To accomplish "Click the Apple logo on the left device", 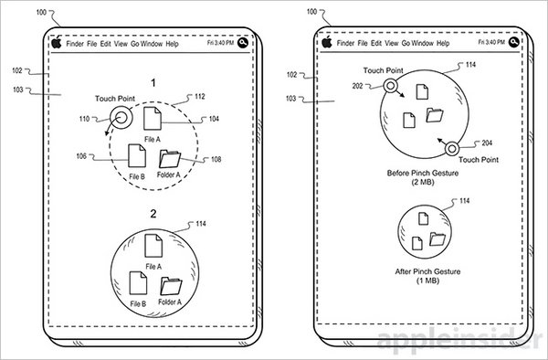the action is (57, 43).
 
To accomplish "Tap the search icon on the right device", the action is (513, 42).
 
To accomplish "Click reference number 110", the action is (84, 119).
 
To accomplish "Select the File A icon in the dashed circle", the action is (153, 118).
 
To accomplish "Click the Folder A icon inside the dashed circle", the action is (170, 159).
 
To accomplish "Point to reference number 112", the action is (199, 97).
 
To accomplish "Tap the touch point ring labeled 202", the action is (390, 85).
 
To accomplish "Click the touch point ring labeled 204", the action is (452, 149).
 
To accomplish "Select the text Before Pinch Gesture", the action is (423, 173).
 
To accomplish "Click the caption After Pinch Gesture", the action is (427, 271).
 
